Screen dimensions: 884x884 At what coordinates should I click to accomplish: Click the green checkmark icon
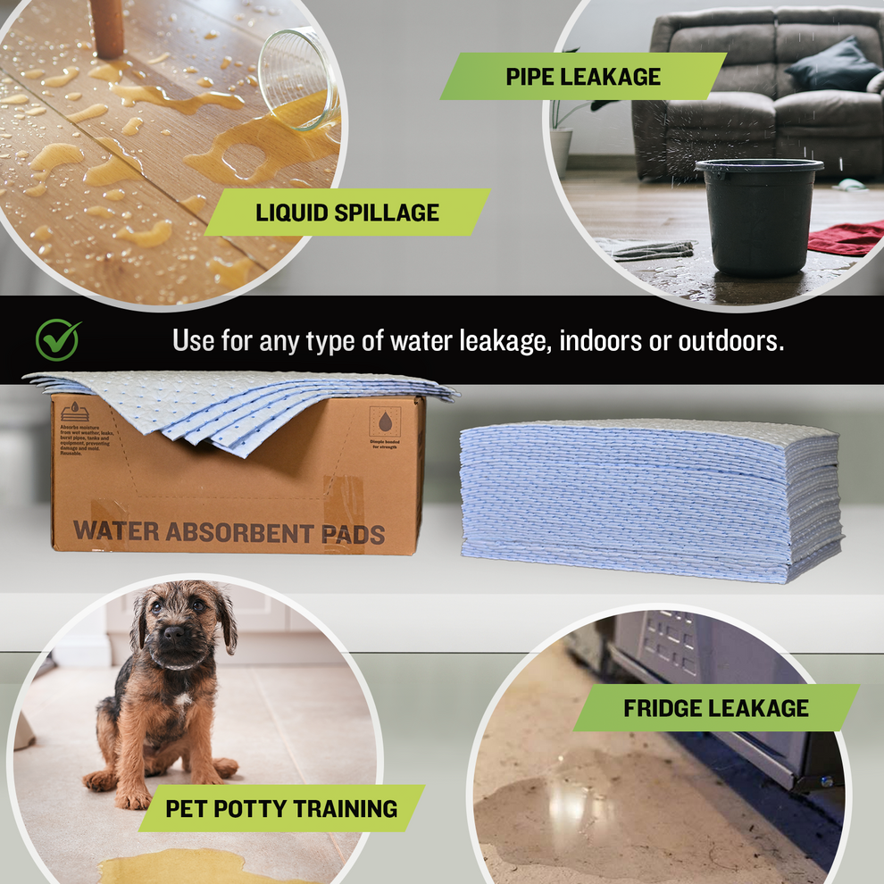coord(58,340)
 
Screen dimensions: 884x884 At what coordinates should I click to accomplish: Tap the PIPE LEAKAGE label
coord(583,76)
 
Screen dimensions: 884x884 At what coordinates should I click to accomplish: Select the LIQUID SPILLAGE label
coord(347,213)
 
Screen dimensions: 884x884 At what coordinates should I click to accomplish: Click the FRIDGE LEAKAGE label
coord(716,709)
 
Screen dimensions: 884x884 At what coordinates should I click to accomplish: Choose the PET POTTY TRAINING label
coord(281,809)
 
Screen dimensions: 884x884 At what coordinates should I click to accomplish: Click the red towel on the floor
coord(847,238)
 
